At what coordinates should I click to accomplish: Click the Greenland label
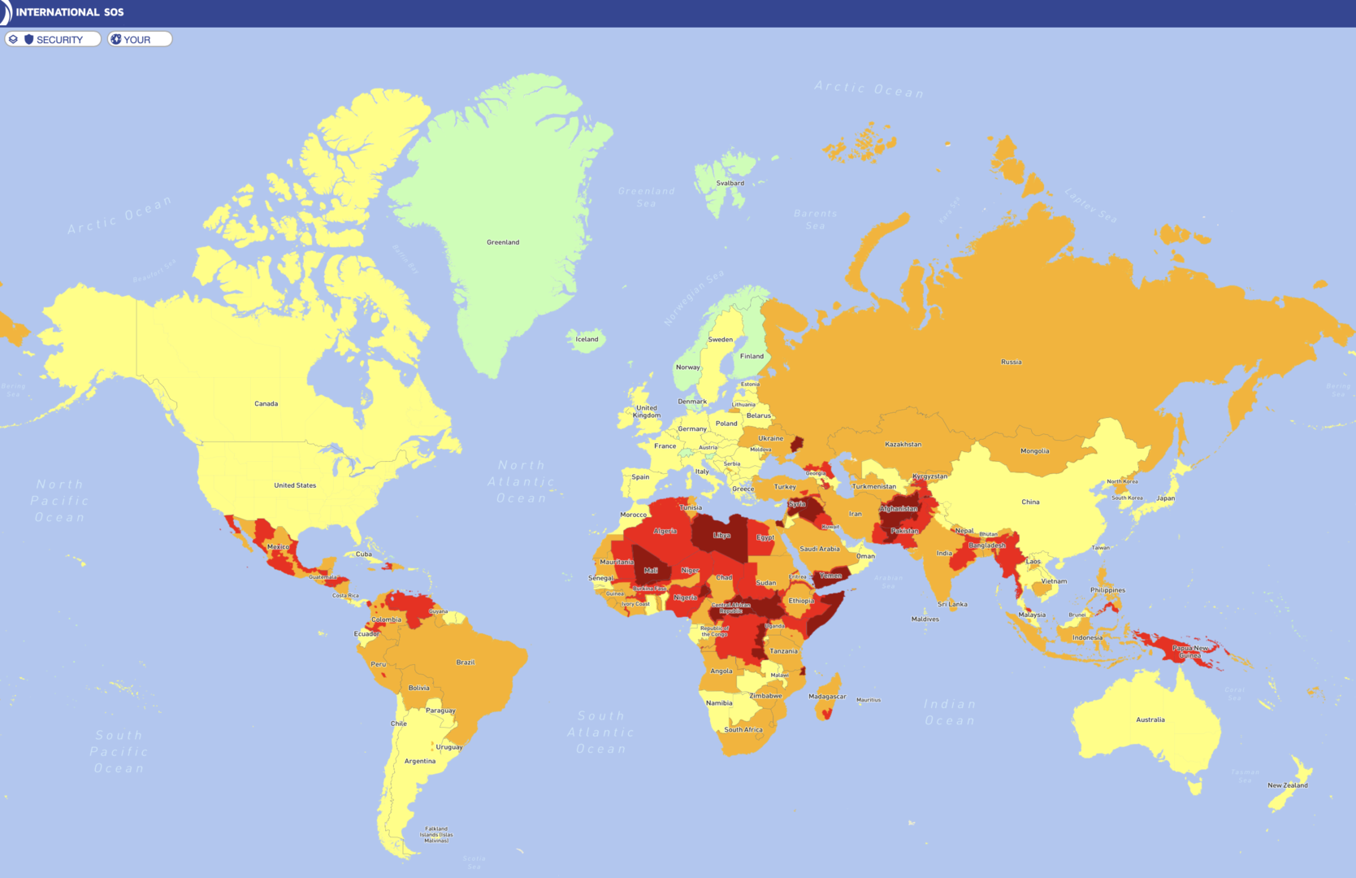[503, 242]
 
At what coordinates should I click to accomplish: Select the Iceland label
[587, 339]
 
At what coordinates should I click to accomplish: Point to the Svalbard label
[730, 183]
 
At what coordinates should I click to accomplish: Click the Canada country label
[266, 403]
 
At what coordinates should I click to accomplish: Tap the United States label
[295, 485]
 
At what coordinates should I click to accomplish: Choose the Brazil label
[465, 663]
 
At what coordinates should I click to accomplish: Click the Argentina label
[420, 761]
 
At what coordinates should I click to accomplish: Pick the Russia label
[1011, 362]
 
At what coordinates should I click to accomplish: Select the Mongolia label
[1034, 451]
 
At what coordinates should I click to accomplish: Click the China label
[1030, 502]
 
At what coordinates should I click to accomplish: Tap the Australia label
[1150, 719]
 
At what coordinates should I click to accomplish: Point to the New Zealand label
[1287, 785]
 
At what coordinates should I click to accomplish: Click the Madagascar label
[827, 697]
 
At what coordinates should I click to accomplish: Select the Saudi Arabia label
[819, 549]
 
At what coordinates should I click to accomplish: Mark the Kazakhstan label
[903, 445]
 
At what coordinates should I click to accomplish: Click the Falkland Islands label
[436, 834]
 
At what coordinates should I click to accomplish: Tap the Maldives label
[925, 619]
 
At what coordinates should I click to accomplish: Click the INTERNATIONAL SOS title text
[70, 12]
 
